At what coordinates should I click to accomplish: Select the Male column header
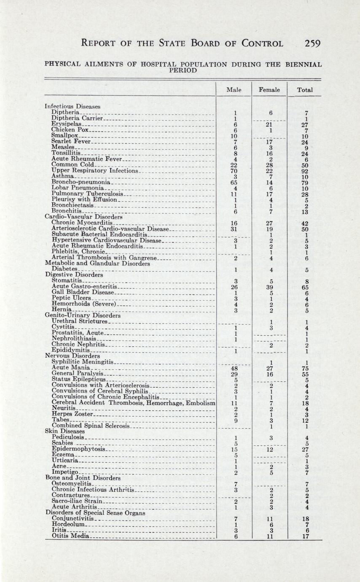[234, 90]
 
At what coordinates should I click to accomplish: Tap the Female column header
[269, 90]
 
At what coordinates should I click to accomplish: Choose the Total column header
[304, 90]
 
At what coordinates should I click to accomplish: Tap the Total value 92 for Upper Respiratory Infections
[305, 171]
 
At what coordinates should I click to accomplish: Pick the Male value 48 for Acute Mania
[234, 367]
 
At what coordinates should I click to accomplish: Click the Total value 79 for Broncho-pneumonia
[305, 183]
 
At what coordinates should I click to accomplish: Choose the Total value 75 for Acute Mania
[305, 367]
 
